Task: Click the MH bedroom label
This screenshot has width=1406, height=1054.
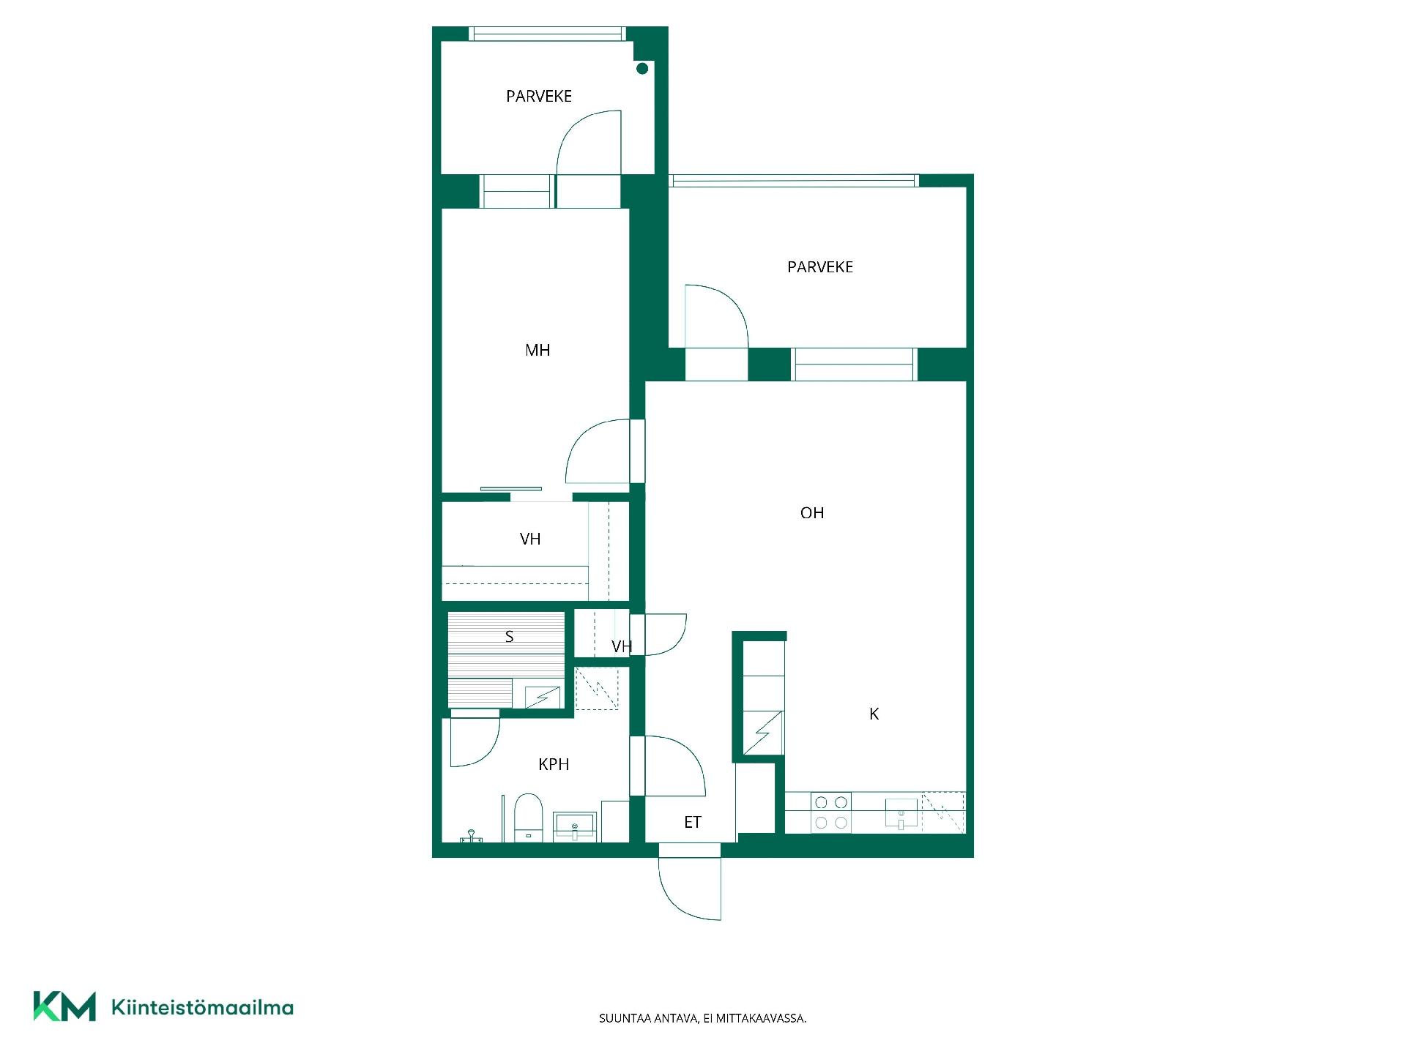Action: point(538,351)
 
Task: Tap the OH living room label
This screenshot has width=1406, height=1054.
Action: point(812,513)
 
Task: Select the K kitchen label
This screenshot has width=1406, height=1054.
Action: point(874,714)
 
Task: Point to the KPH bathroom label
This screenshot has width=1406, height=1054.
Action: point(554,764)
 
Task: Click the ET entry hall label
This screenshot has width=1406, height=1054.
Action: point(693,823)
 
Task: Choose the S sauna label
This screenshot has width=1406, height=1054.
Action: point(510,637)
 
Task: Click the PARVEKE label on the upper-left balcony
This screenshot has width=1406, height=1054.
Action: point(539,96)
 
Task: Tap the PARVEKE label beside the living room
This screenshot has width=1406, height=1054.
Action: point(820,267)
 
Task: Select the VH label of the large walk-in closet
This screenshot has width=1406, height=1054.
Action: point(530,539)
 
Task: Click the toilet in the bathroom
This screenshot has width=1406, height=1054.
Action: point(527,818)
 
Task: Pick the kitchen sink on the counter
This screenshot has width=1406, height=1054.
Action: point(901,813)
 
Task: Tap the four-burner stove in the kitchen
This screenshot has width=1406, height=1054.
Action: point(831,812)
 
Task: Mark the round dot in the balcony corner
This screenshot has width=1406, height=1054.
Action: point(642,69)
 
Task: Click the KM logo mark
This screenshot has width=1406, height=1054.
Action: point(64,1006)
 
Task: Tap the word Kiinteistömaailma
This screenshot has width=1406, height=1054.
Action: point(202,1007)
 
